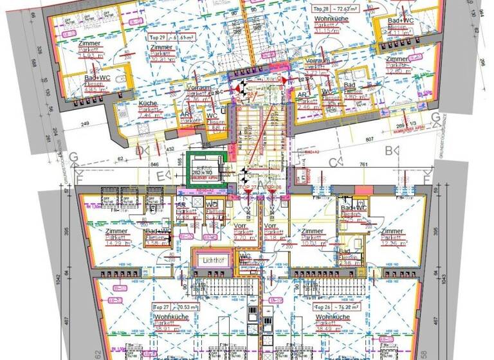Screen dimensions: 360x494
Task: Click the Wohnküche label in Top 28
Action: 331,19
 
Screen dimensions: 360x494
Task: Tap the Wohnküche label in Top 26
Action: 333,318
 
